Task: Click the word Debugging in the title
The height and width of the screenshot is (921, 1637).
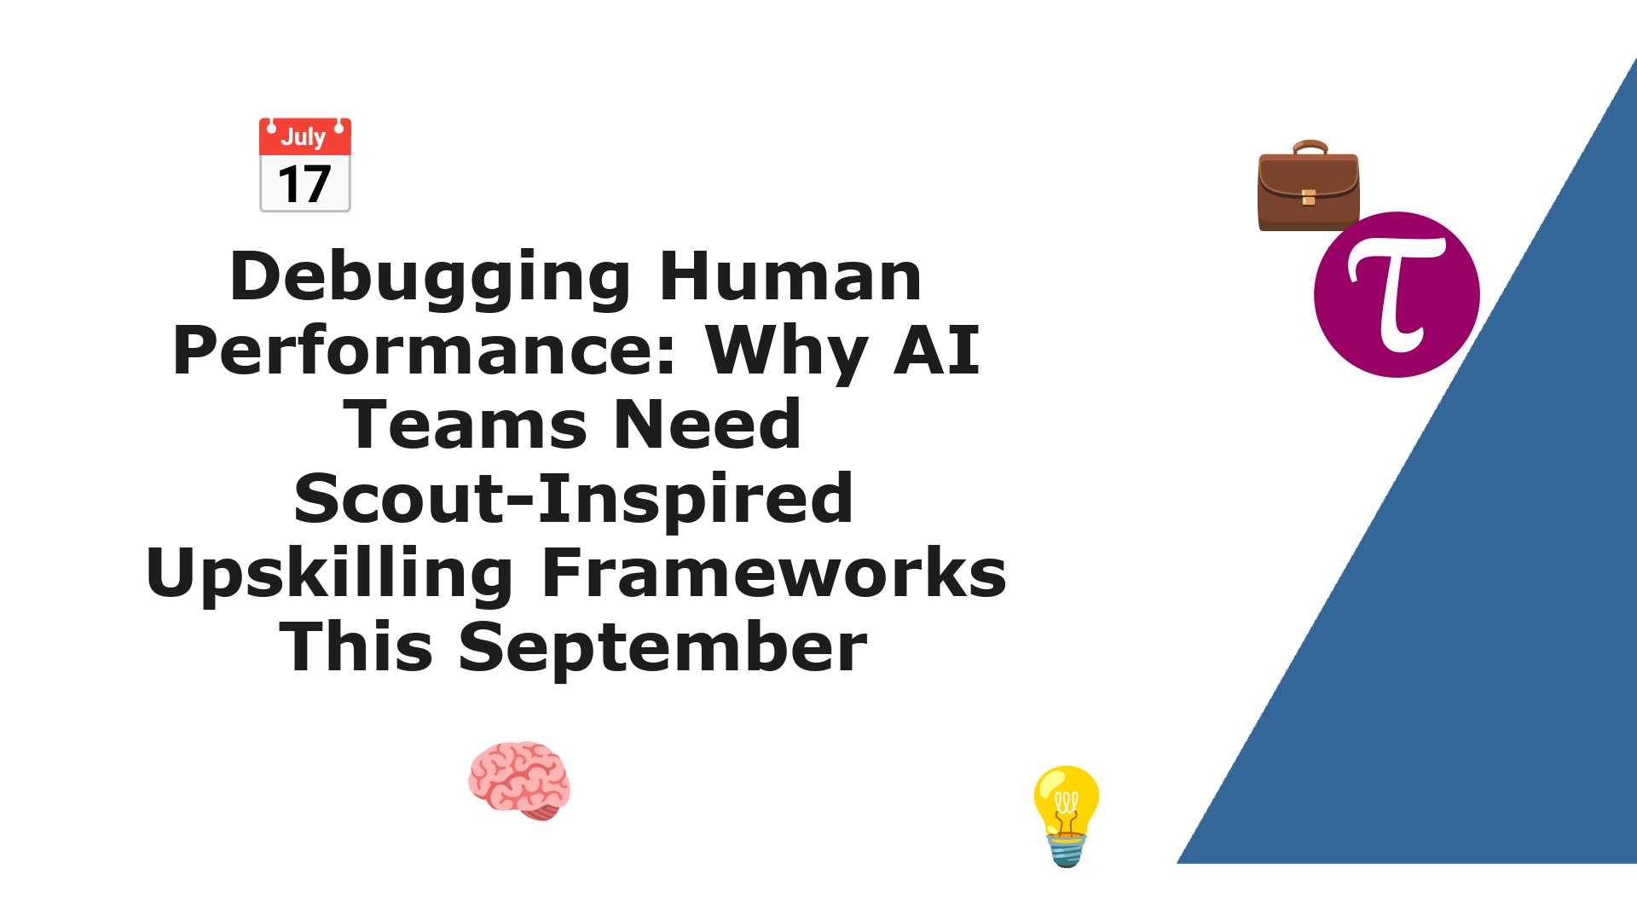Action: [x=431, y=278]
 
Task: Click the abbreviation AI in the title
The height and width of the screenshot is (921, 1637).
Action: [x=936, y=350]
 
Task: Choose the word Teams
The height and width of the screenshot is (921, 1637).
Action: [x=465, y=425]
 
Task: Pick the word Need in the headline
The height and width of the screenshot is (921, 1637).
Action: [x=707, y=425]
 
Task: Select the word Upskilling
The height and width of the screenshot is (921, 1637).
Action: [x=329, y=574]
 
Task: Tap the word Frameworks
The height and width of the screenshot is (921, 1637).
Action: [x=773, y=573]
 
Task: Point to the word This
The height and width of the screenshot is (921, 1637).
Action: [x=356, y=647]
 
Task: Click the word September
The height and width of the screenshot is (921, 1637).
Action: [x=662, y=648]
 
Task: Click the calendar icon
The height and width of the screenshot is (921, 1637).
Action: [x=305, y=165]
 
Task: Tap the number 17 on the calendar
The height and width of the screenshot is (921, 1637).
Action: [x=304, y=185]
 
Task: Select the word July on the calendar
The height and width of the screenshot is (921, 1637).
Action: [x=304, y=137]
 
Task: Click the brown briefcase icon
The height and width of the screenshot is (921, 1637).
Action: [x=1309, y=185]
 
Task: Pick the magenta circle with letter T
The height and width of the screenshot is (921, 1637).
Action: [x=1397, y=294]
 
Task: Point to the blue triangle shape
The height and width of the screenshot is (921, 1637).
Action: [x=1484, y=597]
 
